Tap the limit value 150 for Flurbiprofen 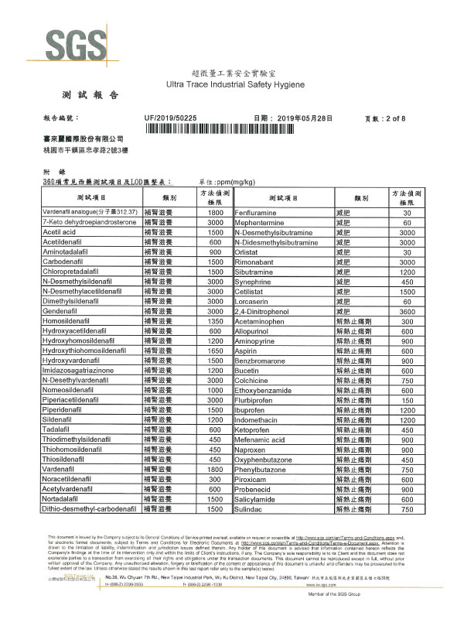click(x=406, y=399)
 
